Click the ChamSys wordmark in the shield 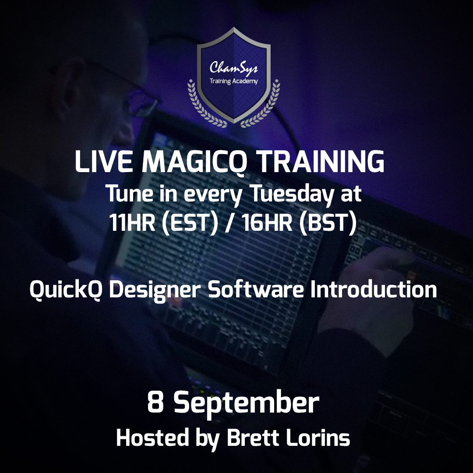click(x=233, y=68)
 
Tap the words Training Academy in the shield click(x=233, y=81)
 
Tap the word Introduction click(x=373, y=290)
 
